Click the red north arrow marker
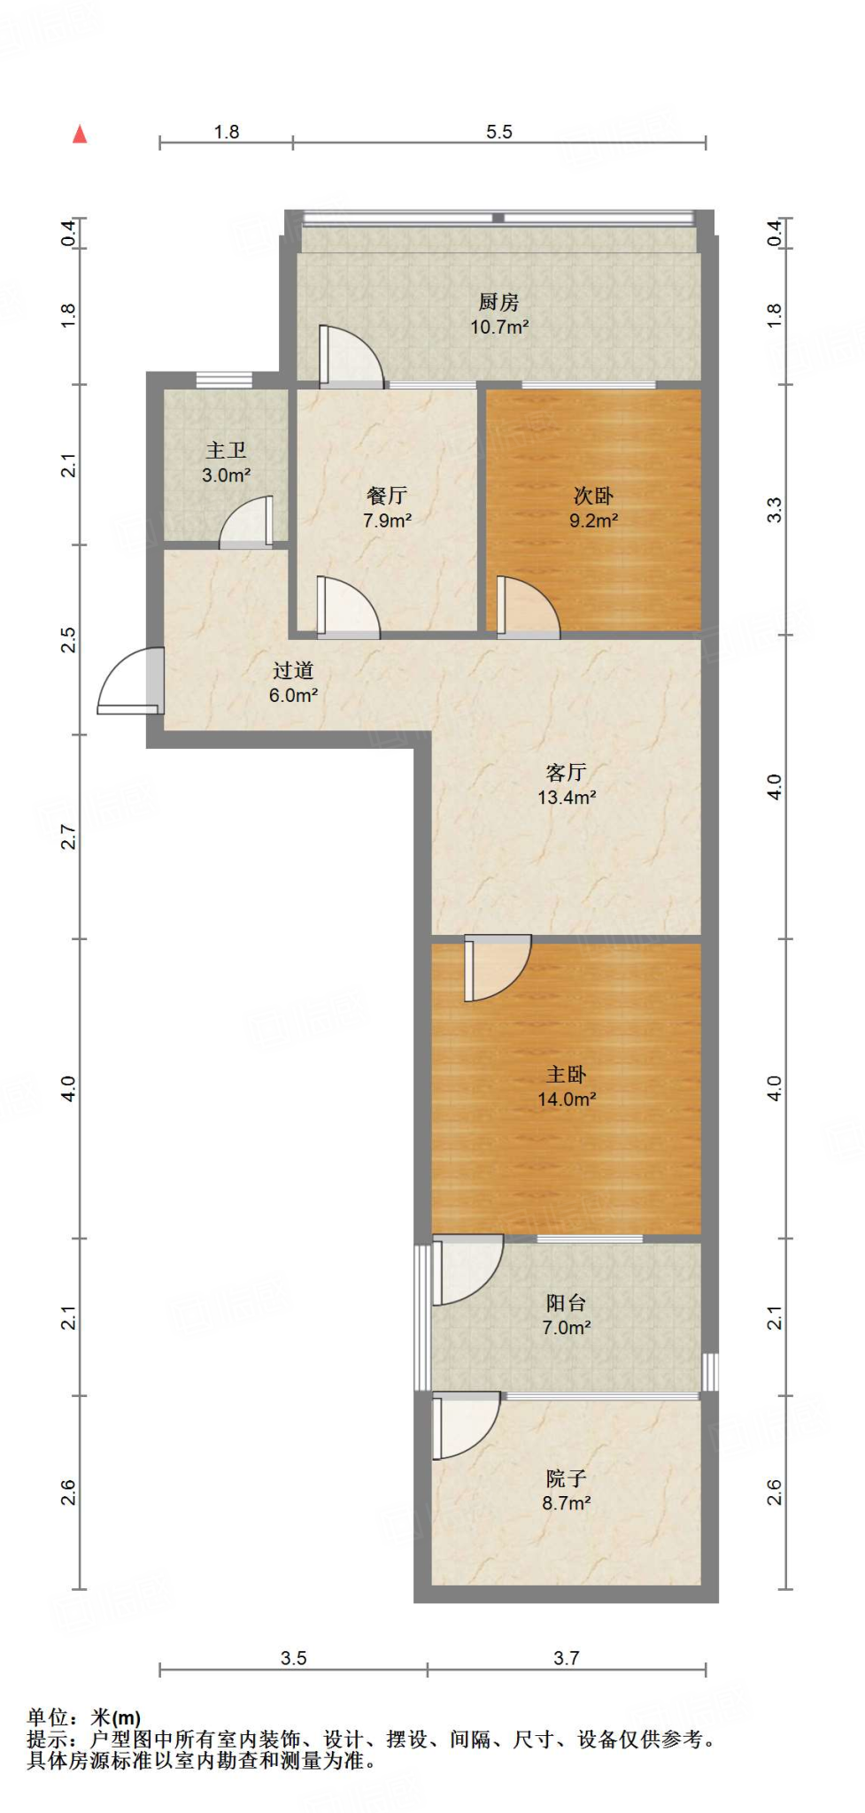80,134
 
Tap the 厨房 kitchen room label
498,303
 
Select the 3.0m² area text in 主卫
226,475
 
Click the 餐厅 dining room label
387,496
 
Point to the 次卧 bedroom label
593,496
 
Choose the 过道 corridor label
293,671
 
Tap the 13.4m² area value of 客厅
567,798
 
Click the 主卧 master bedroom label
567,1075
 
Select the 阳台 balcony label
567,1303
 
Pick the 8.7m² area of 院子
567,1503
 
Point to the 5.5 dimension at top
498,132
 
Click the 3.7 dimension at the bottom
567,1658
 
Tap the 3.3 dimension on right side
775,510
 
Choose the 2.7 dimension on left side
68,837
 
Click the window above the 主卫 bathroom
224,380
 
